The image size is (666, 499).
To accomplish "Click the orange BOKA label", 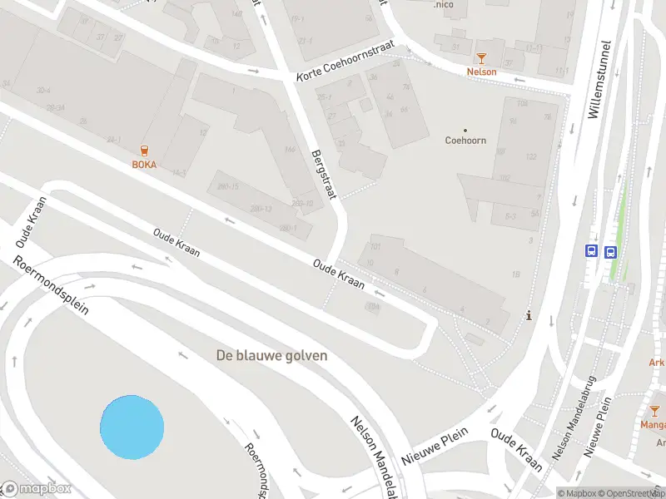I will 144,164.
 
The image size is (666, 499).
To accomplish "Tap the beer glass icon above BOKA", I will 145,150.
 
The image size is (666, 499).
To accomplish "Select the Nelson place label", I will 481,72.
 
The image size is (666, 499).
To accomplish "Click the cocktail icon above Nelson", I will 481,57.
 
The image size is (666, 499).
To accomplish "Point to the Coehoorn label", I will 465,141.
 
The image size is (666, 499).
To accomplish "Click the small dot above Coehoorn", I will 465,129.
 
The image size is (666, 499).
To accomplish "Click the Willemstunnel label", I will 594,80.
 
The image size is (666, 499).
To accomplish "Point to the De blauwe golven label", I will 271,355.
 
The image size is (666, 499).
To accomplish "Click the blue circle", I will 132,427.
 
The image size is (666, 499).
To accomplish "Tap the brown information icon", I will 529,316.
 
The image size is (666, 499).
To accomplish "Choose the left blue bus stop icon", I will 592,250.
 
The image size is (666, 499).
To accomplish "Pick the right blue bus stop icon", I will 610,251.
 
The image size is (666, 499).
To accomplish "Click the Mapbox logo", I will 37,489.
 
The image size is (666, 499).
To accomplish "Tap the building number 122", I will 530,158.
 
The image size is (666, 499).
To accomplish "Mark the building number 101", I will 375,246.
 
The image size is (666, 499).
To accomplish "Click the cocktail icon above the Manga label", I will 654,411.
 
